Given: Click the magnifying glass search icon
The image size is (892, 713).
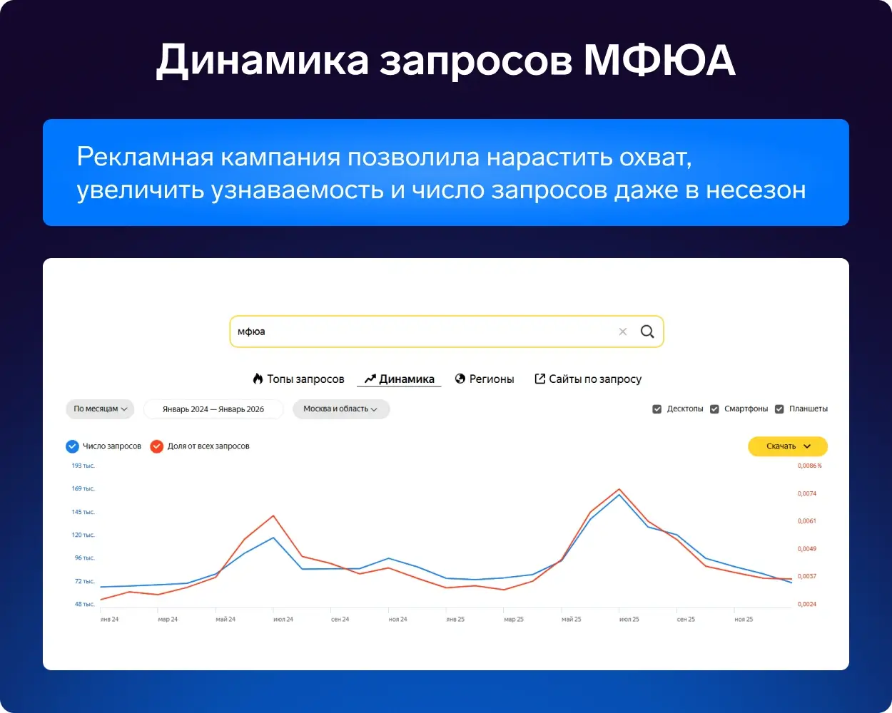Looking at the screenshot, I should [647, 332].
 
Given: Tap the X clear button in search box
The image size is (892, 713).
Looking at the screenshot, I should [623, 332].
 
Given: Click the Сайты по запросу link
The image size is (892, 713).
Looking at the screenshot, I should [588, 379].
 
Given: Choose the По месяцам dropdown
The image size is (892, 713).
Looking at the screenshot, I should [100, 409].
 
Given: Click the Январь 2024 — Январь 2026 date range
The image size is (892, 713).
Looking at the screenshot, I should [213, 409].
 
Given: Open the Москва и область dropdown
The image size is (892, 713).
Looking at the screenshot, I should [340, 409].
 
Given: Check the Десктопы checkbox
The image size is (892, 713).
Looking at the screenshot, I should [657, 409].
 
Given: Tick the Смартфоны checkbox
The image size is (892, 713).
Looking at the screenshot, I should [714, 409].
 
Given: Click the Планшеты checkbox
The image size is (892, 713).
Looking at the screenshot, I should [779, 409].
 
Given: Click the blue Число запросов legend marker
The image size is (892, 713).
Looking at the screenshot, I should [72, 446].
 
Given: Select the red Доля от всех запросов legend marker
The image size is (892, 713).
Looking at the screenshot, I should [157, 446].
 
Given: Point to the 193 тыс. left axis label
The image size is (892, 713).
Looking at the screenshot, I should [83, 466].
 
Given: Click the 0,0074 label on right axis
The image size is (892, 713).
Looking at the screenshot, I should [807, 493].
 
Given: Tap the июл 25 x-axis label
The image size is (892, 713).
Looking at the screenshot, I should [629, 619].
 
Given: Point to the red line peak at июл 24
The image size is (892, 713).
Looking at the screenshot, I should [273, 515].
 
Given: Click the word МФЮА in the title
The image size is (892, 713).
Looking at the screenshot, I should [659, 60].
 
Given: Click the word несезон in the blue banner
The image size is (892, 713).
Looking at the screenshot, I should [756, 190].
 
